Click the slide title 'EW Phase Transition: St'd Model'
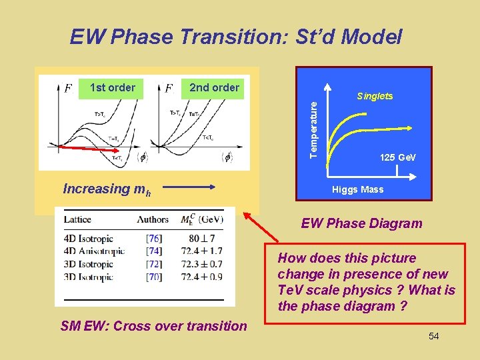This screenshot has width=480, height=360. point(236,37)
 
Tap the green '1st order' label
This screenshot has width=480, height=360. point(112,87)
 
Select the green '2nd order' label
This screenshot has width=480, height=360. point(214,87)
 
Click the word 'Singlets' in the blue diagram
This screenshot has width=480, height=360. point(375,96)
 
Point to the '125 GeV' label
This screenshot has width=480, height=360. point(397,157)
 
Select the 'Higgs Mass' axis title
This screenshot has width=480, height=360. point(358,189)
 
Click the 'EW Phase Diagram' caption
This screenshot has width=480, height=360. point(361,223)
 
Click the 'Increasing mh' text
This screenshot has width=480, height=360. point(107,189)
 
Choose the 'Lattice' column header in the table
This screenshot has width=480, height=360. point(77,219)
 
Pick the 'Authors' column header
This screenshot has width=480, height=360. point(153,219)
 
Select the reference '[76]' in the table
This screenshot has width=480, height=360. point(153,239)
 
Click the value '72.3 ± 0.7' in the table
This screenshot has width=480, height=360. point(201,264)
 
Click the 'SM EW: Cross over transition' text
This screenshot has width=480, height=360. point(153,326)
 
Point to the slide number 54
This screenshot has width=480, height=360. point(433,336)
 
